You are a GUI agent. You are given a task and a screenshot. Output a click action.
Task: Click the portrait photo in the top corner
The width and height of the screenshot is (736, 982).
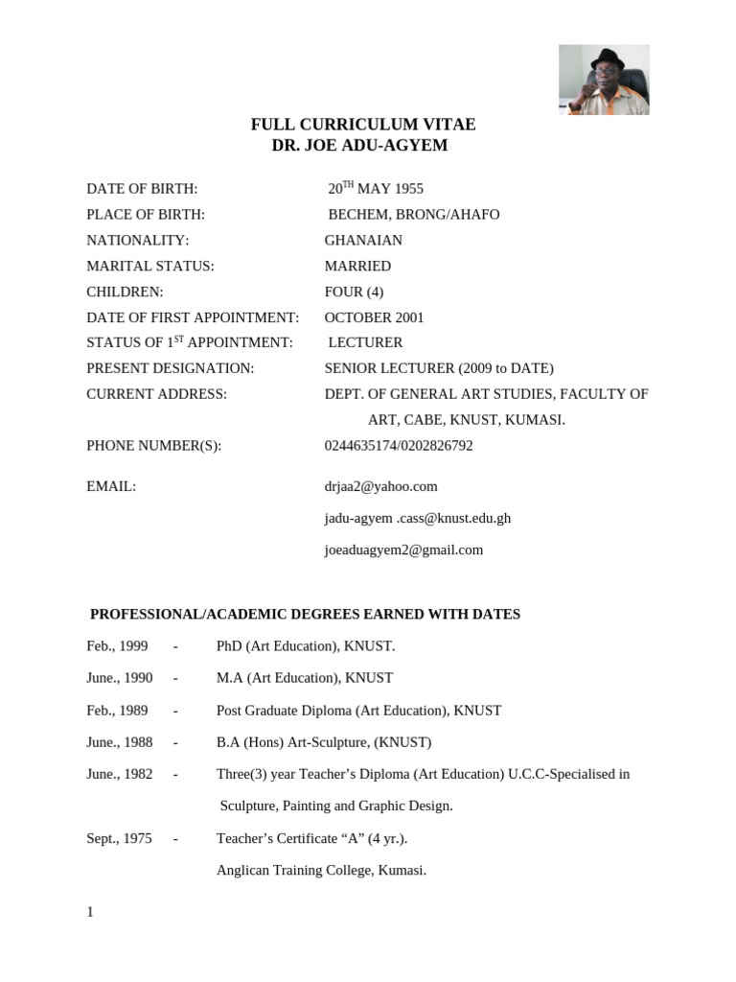click(604, 80)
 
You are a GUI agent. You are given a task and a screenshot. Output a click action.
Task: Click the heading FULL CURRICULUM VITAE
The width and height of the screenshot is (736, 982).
click(362, 125)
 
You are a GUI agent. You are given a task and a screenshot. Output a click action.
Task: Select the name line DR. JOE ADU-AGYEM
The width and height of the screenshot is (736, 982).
click(360, 146)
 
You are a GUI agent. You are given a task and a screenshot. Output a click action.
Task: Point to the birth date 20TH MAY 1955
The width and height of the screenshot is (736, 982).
click(376, 189)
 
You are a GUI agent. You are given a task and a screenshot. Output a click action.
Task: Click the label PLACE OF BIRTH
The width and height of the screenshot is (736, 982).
click(146, 215)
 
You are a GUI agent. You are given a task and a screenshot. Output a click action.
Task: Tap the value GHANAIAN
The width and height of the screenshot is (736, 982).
click(363, 241)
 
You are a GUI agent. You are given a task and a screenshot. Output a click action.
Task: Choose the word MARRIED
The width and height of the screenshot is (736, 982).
click(357, 267)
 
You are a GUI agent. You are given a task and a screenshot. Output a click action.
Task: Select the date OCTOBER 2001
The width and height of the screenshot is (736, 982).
click(374, 317)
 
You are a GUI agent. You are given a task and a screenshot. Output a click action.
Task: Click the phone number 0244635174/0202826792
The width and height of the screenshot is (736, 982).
click(399, 446)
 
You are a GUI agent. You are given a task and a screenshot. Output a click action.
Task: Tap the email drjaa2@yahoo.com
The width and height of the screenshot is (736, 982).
click(380, 487)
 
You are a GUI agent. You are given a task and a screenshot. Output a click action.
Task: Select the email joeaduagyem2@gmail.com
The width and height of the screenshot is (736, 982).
click(403, 550)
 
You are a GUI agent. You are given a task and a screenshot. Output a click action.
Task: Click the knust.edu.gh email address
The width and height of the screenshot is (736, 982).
click(418, 519)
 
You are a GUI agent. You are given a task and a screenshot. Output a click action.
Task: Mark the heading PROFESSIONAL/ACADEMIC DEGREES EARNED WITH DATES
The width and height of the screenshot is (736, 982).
click(305, 614)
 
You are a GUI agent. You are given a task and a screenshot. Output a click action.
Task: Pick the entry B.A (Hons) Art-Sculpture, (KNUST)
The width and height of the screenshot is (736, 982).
click(324, 742)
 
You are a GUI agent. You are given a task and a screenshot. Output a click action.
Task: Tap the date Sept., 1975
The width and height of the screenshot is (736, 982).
click(119, 838)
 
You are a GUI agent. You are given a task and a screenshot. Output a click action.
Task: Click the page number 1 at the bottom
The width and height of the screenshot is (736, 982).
click(90, 912)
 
